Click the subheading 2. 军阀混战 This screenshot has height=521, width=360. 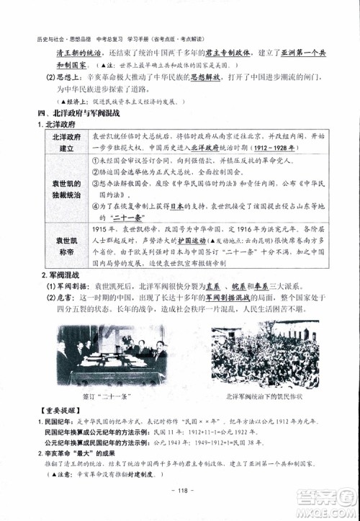click(x=60, y=275)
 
